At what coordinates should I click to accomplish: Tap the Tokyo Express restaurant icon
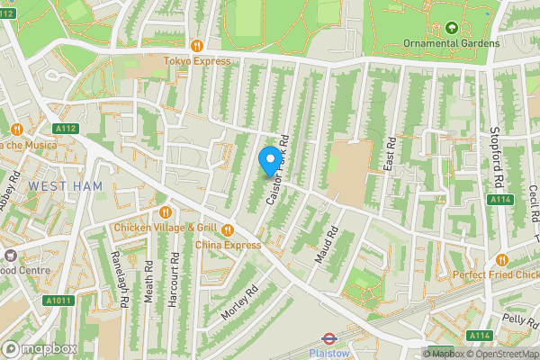click(196, 45)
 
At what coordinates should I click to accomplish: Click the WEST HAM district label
click(65, 185)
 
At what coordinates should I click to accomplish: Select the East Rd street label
click(391, 156)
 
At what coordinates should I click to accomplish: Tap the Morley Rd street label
click(239, 302)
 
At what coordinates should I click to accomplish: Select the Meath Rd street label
click(148, 282)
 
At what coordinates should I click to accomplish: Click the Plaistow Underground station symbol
click(328, 340)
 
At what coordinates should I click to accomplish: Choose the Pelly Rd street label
click(519, 319)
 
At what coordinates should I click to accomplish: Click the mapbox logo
click(38, 348)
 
